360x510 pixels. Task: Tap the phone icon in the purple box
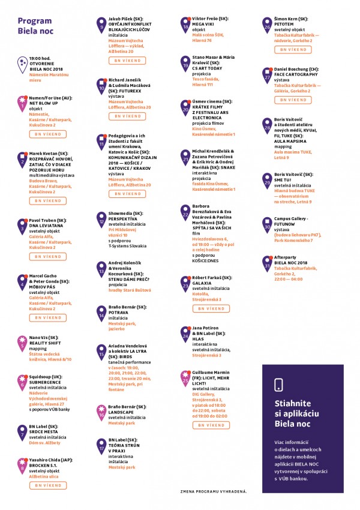click(278, 385)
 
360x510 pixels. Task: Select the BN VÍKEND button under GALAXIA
click(211, 308)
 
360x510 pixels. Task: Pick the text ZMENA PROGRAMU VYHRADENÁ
click(213, 491)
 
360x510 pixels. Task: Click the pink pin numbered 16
click(101, 412)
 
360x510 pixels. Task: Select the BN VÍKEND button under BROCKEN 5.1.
click(47, 485)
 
